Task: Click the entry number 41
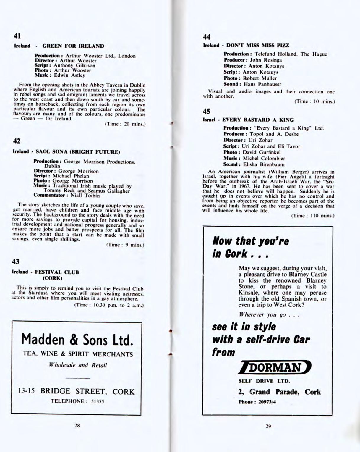click(x=17, y=36)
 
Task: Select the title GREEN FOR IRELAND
click(x=73, y=46)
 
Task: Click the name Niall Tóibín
click(x=85, y=196)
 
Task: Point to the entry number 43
click(x=16, y=261)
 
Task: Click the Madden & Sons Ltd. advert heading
click(x=77, y=339)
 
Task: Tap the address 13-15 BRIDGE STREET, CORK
click(x=76, y=391)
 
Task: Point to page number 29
click(x=268, y=426)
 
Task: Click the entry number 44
click(x=207, y=37)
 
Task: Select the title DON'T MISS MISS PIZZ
click(x=258, y=45)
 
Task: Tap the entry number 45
click(x=206, y=111)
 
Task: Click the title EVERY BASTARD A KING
click(x=258, y=120)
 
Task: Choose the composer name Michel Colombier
click(x=264, y=158)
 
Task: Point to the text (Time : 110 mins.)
click(x=313, y=216)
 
